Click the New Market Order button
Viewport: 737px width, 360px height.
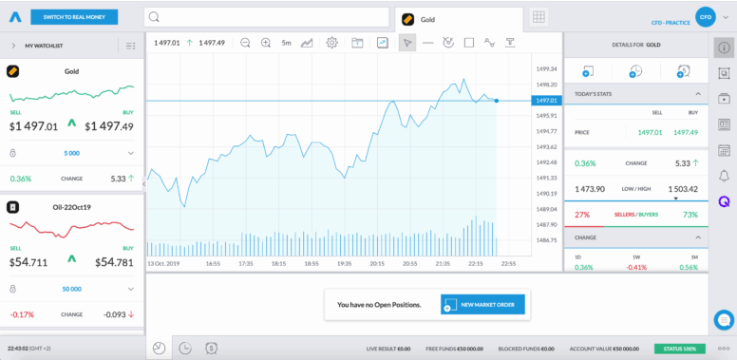pos(482,304)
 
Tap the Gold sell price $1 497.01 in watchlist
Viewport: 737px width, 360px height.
pos(34,126)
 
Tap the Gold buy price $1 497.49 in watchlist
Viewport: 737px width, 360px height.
pos(109,126)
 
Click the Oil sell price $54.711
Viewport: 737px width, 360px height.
pos(29,262)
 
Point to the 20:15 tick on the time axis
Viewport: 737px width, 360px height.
pos(377,263)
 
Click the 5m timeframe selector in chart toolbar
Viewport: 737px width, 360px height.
pos(286,43)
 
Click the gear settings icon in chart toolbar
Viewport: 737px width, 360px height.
pos(331,43)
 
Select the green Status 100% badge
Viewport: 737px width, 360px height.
pos(679,349)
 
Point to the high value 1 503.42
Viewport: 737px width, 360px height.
pos(683,189)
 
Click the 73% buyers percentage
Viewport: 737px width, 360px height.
pos(690,215)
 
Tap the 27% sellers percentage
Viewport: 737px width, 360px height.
pos(582,215)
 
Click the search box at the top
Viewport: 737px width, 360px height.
pos(266,17)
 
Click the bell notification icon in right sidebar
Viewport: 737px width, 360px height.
pos(724,176)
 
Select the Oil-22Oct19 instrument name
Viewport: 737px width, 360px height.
pos(72,206)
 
